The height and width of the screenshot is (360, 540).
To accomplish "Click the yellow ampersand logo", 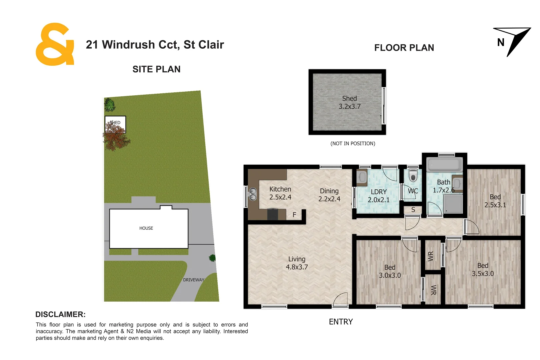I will coord(54,44).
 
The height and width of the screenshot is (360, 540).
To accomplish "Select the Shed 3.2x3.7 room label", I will coord(349,103).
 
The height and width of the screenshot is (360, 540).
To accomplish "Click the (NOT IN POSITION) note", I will coord(353,144).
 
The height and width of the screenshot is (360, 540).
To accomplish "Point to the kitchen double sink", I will coord(253,194).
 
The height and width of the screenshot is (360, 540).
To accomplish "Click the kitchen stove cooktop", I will coord(273,214).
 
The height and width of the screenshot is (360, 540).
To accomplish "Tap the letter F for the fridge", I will coord(294,215).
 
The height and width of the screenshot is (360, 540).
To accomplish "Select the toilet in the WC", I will coord(413,175).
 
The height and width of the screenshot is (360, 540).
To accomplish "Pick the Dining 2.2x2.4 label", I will coord(329,195).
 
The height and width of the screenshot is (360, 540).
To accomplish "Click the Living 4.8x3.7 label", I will coord(297,263).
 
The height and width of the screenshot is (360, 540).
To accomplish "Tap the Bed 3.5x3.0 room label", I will coord(483,270).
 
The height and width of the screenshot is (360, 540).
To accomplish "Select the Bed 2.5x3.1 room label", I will coord(495,201).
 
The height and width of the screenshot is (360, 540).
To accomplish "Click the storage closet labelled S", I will coord(413,210).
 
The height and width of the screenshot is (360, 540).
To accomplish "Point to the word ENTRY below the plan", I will coord(341,322).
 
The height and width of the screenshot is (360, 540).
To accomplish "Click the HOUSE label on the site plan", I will coord(146,228).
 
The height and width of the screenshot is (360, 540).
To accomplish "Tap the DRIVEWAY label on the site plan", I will coord(193,280).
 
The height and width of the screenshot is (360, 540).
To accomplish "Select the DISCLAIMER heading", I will coord(60,314).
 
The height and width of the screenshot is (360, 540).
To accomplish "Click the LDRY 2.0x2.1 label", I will coord(379,196).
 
